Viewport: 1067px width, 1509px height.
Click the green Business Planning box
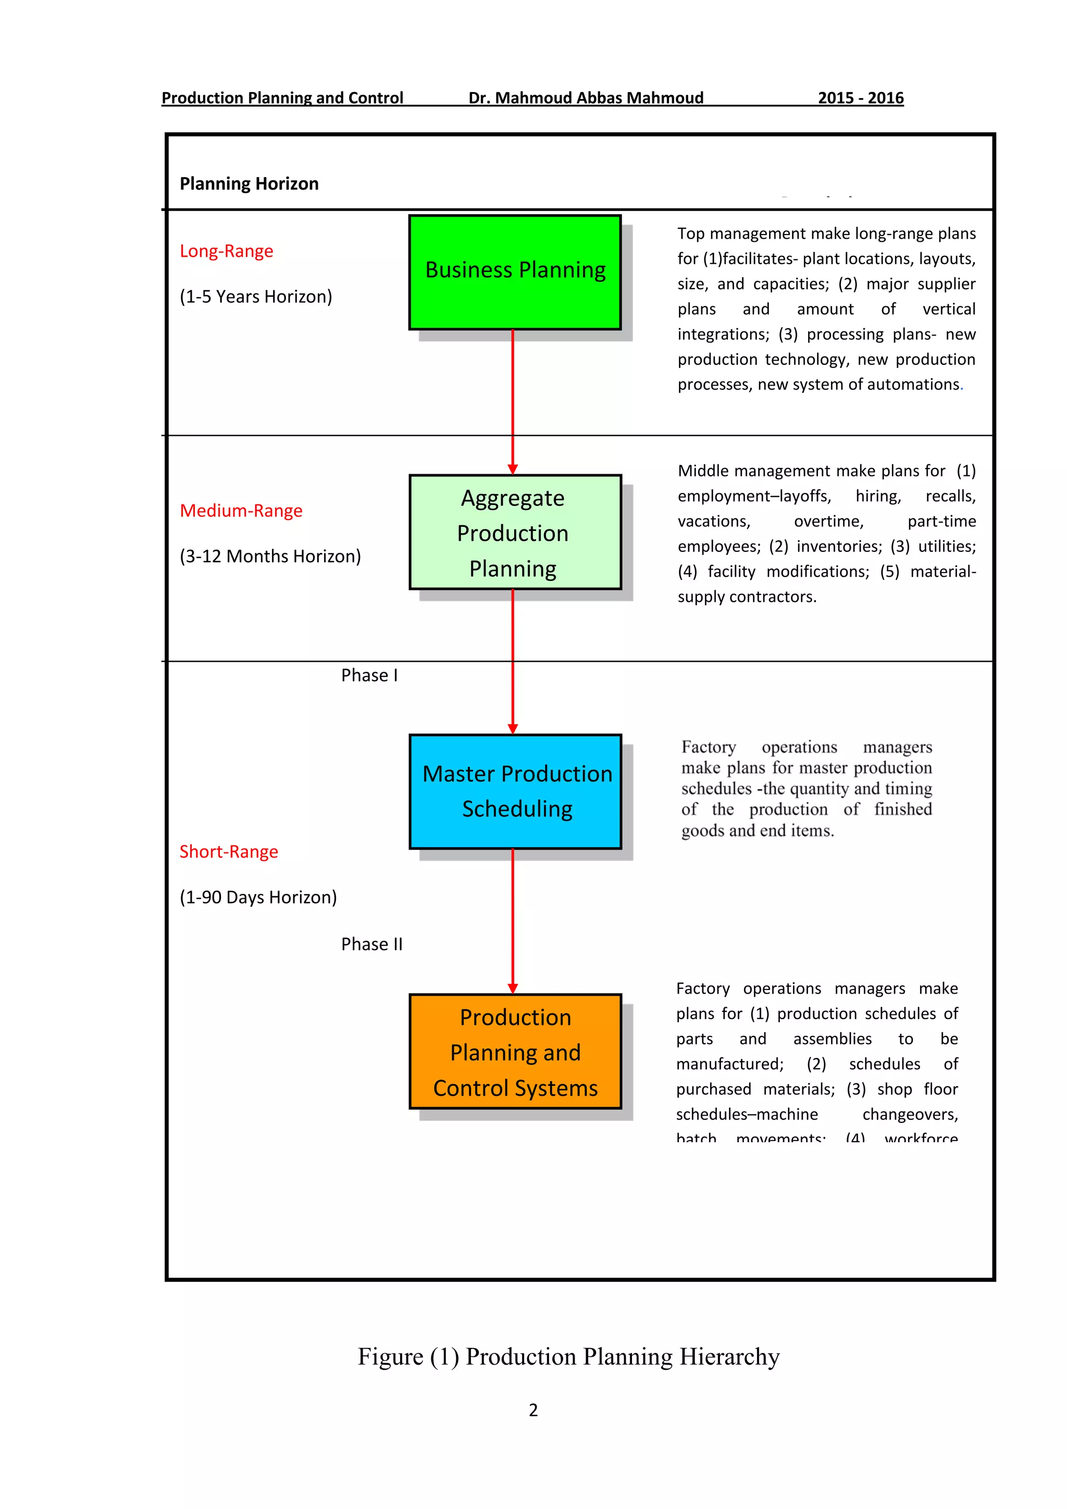coord(515,272)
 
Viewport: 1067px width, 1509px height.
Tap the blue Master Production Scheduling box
coord(515,791)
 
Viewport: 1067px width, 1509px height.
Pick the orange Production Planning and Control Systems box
coord(515,1052)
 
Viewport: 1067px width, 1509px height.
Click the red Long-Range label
coord(226,251)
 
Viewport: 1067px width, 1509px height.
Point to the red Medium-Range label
coord(241,511)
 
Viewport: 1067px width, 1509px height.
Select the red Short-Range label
coord(229,852)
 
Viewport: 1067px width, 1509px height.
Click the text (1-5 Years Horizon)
coord(256,296)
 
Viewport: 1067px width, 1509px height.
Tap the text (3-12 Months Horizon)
coord(270,556)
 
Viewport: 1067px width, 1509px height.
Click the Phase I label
coord(369,676)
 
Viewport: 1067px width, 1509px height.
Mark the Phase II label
coord(371,945)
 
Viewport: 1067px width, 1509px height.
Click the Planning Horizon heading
coord(249,183)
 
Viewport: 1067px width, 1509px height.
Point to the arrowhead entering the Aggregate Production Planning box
coord(513,468)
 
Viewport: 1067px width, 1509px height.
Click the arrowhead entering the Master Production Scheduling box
coord(513,728)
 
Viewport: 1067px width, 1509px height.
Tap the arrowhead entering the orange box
coord(513,988)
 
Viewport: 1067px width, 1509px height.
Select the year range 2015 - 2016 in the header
coord(860,98)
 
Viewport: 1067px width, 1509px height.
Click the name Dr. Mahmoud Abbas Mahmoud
coord(586,98)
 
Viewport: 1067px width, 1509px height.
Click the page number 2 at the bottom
coord(533,1410)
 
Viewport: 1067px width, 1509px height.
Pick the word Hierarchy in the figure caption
coord(729,1356)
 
